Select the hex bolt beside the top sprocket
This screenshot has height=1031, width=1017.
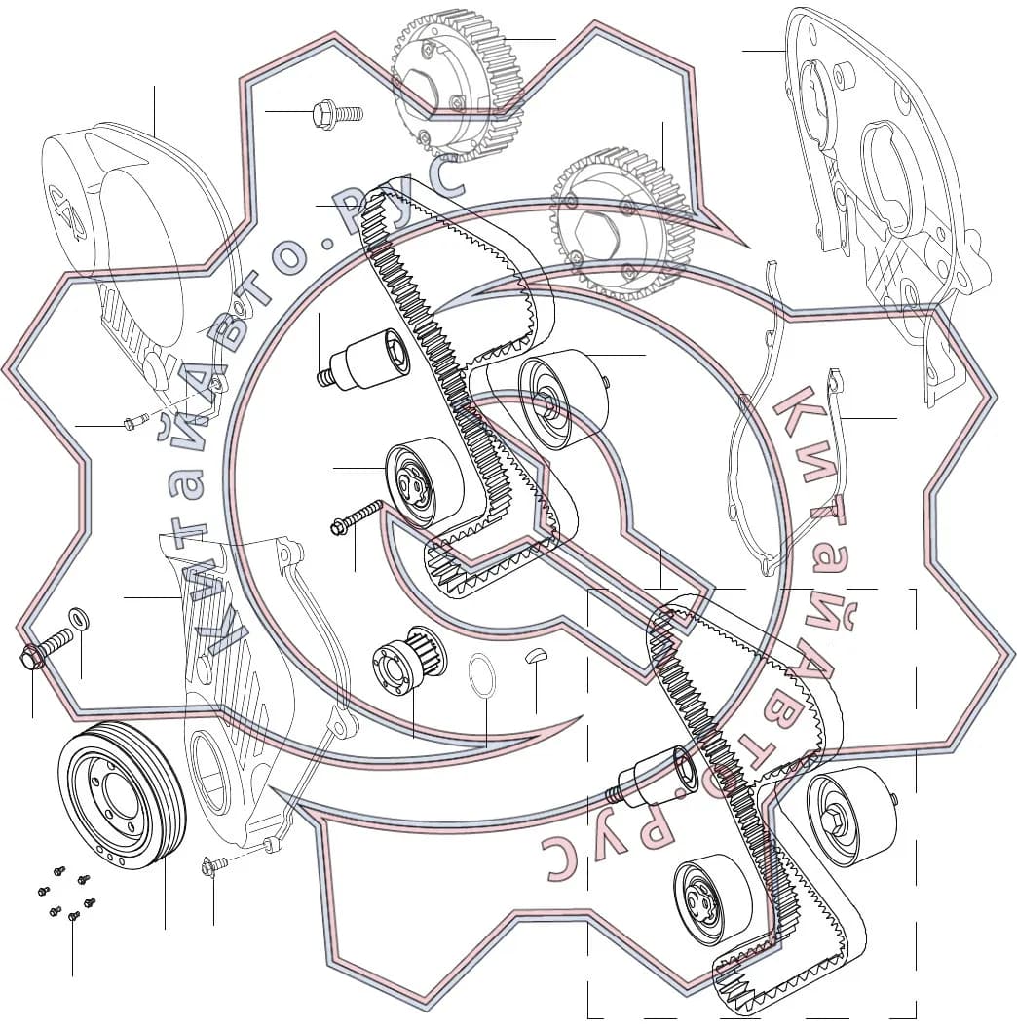pyautogui.click(x=337, y=114)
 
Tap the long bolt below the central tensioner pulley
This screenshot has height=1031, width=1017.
pyautogui.click(x=357, y=516)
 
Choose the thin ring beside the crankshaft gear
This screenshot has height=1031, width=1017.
pyautogui.click(x=482, y=674)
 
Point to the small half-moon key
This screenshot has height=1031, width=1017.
pyautogui.click(x=539, y=655)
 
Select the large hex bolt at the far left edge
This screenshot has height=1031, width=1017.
pyautogui.click(x=46, y=648)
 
